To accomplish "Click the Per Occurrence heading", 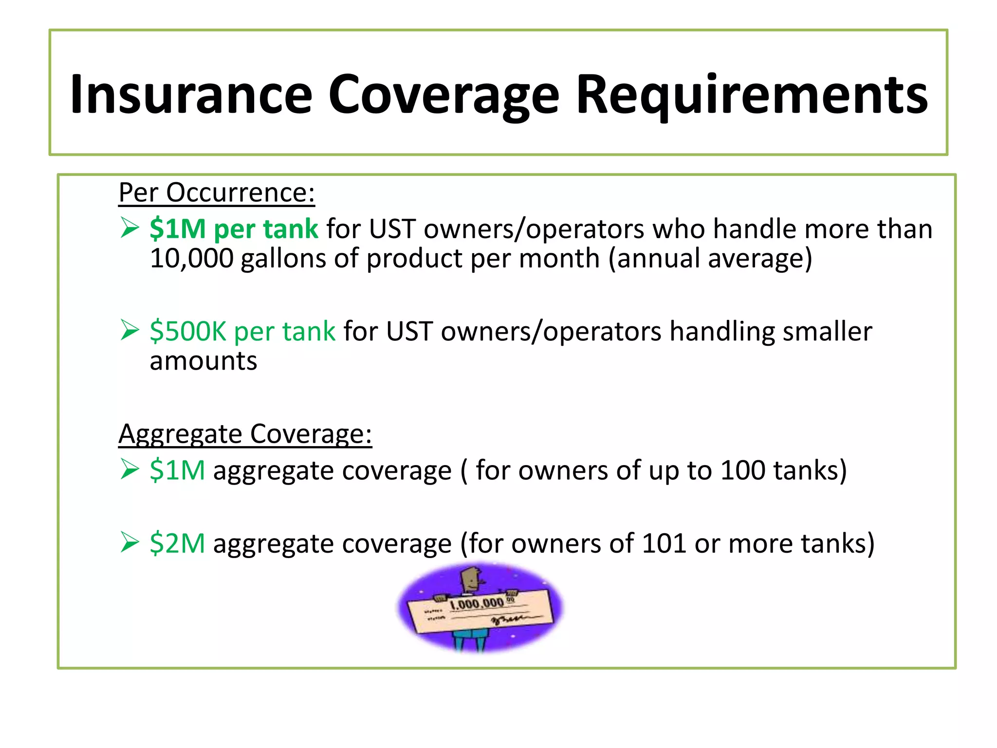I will (217, 192).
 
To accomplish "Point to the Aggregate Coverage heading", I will (245, 433).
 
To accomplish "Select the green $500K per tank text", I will (242, 331).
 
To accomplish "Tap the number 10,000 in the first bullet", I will (191, 258).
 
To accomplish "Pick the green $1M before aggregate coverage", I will (177, 470).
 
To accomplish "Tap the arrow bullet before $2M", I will (130, 542).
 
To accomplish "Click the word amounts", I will (203, 361).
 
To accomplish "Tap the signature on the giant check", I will (509, 619).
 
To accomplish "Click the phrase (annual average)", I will (710, 258).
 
